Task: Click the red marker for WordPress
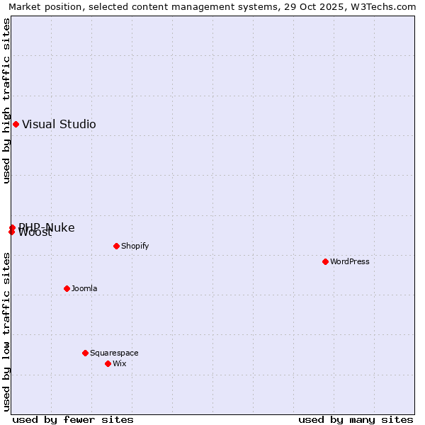point(325,261)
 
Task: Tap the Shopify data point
point(116,246)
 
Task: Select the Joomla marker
point(67,288)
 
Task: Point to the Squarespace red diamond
point(85,353)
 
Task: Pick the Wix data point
point(108,363)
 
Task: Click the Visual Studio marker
point(16,125)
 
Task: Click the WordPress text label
point(350,261)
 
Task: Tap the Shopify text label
point(135,246)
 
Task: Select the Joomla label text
point(84,288)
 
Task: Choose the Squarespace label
point(114,353)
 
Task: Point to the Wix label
point(119,363)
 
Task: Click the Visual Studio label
point(59,125)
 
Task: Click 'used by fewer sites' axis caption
point(73,419)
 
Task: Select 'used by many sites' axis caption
point(356,419)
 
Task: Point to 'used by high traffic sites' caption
point(6,101)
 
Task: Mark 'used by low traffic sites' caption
point(6,331)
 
